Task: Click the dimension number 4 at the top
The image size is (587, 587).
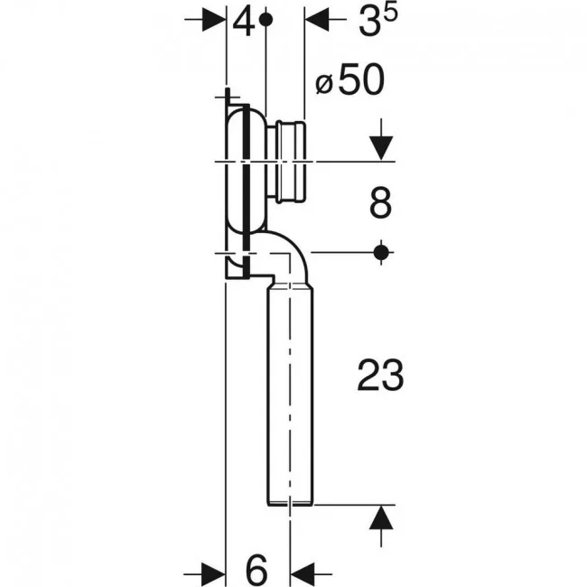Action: tap(244, 23)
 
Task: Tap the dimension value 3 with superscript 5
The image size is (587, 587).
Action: tap(378, 21)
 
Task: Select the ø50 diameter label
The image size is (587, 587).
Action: tap(350, 79)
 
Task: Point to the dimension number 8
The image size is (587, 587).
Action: tap(381, 203)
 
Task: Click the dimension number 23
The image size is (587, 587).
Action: tap(381, 375)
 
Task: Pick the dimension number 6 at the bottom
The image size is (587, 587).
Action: tap(256, 570)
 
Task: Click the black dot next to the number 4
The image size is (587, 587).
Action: tap(266, 20)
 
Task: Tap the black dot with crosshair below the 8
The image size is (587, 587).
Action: tap(381, 253)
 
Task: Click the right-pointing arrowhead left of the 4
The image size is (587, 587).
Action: tap(214, 20)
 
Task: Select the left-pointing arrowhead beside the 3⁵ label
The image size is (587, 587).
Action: tap(318, 20)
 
